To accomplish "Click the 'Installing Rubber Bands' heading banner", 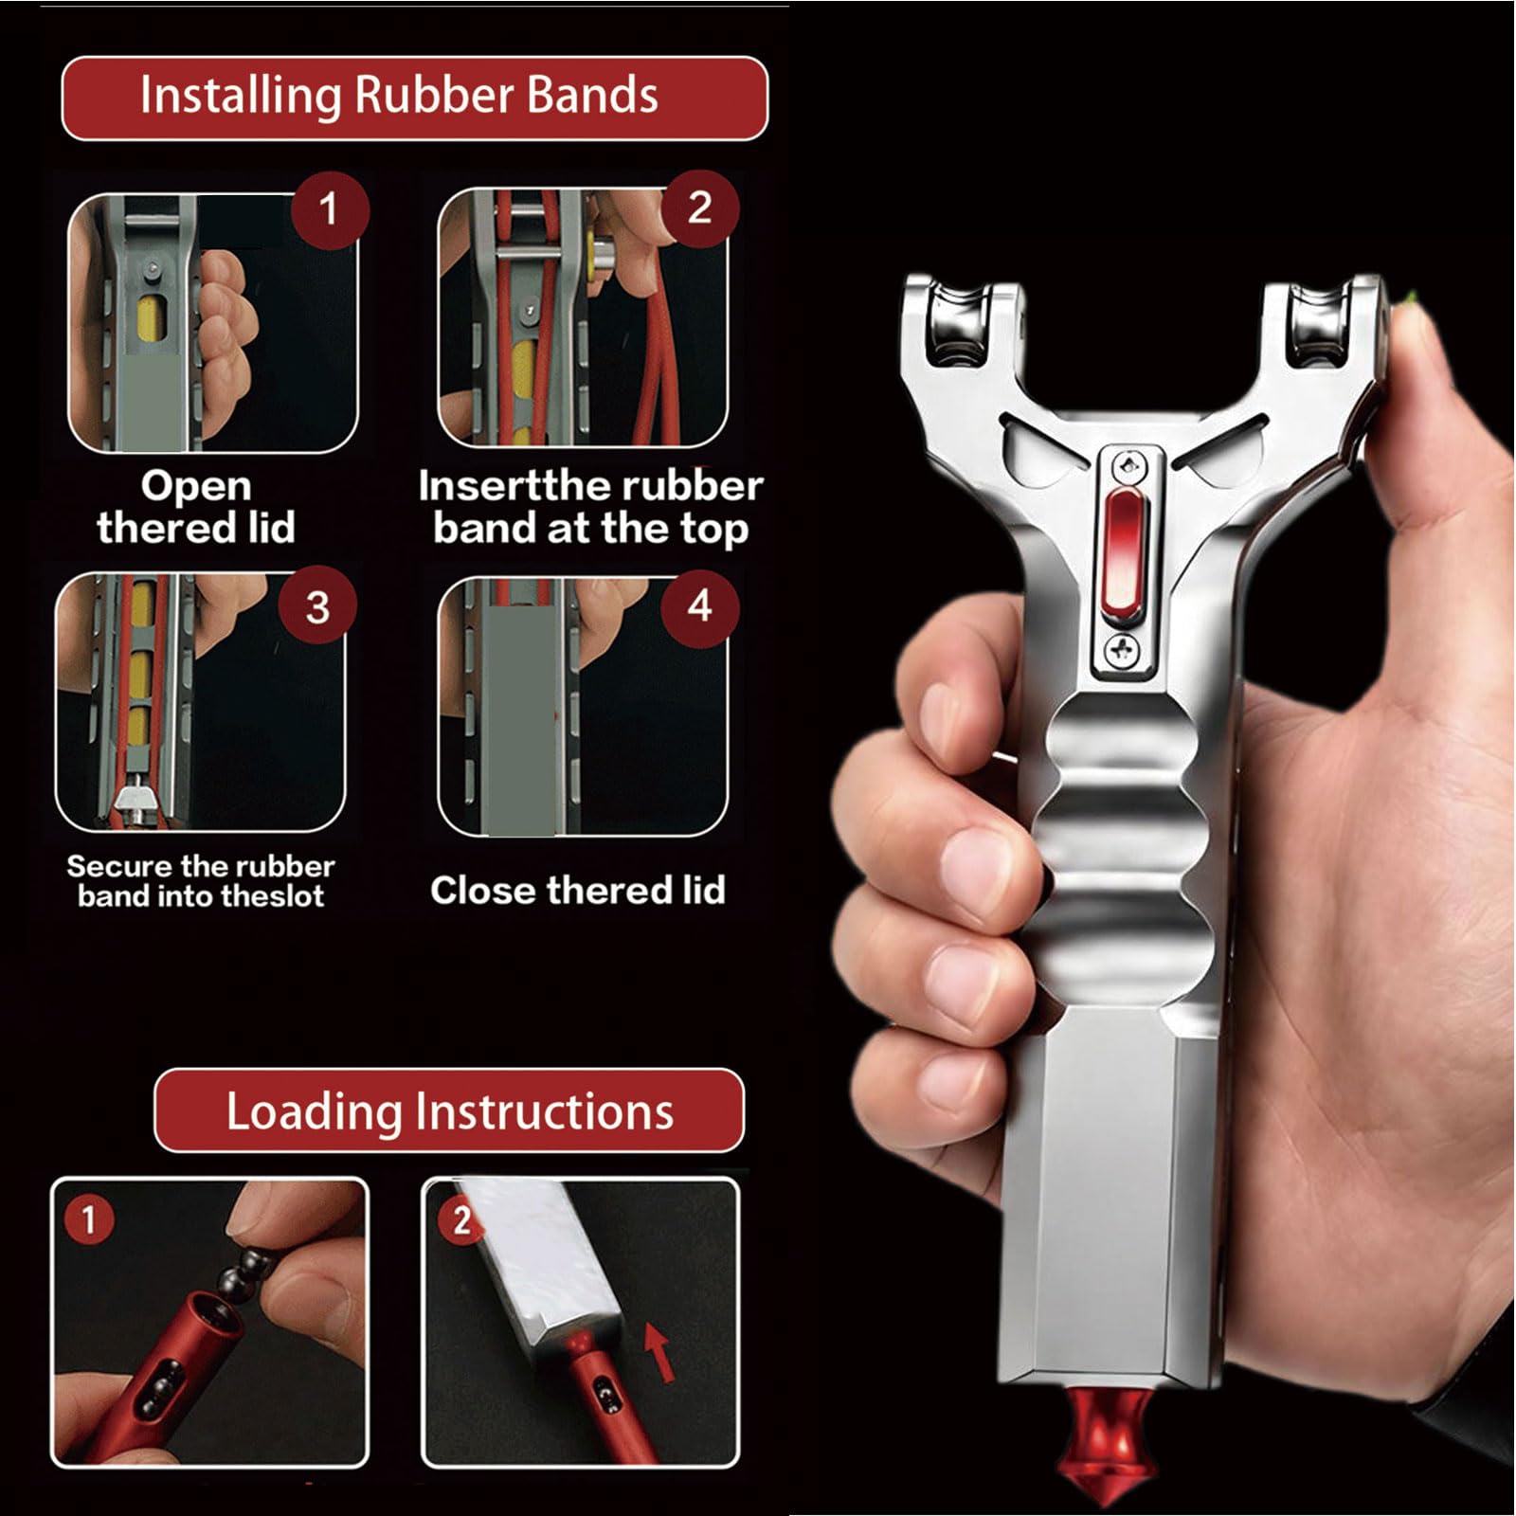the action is click(414, 98).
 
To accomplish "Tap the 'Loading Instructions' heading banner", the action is click(449, 1110).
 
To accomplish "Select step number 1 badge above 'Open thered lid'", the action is click(329, 209).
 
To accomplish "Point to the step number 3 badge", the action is click(317, 607).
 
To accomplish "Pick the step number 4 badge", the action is click(699, 607).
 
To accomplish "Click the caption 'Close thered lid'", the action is click(577, 891).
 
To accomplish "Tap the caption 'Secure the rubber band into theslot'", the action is click(201, 881).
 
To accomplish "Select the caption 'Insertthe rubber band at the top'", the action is click(590, 508).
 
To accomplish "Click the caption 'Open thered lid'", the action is click(196, 507).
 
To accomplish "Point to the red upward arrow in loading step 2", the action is click(660, 1351).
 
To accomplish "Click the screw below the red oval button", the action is click(1124, 650).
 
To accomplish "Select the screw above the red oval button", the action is click(1128, 465).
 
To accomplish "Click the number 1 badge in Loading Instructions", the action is click(88, 1219).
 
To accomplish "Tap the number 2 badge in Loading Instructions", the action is click(460, 1220).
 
